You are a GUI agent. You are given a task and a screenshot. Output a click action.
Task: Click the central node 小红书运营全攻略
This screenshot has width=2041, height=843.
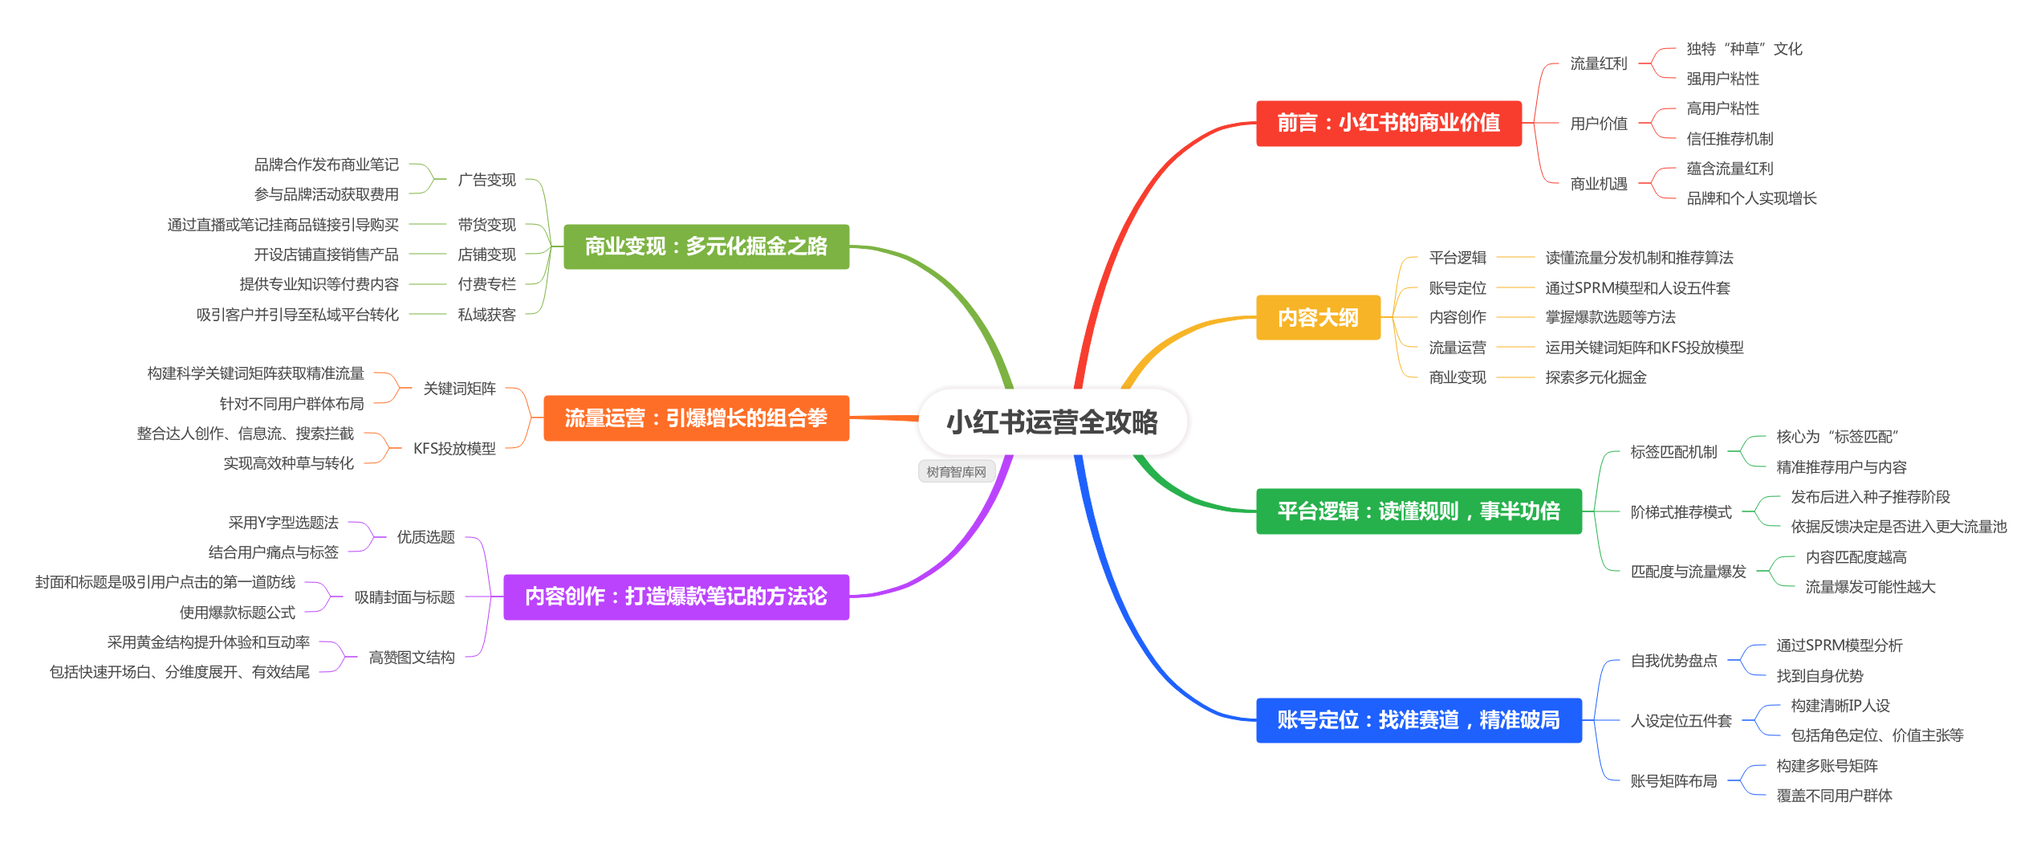click(1052, 422)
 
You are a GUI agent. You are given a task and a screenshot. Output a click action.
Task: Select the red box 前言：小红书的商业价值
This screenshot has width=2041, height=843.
click(1388, 123)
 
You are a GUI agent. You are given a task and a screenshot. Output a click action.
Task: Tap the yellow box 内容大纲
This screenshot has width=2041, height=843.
click(1318, 318)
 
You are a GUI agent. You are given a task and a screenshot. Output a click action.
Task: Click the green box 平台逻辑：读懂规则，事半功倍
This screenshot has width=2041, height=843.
click(1418, 511)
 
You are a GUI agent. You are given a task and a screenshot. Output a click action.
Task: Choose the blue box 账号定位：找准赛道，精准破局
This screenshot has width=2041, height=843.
click(1418, 720)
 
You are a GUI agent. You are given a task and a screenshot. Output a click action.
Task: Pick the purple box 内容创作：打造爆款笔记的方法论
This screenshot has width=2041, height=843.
click(676, 597)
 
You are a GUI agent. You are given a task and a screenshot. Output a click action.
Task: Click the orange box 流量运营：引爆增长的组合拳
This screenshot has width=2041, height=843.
click(696, 418)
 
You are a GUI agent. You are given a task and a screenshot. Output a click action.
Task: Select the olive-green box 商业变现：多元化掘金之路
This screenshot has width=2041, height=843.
click(705, 246)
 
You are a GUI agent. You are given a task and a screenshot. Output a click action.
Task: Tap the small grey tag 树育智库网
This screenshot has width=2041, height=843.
click(956, 472)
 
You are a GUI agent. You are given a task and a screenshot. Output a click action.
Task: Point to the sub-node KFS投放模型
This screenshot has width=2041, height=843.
click(454, 449)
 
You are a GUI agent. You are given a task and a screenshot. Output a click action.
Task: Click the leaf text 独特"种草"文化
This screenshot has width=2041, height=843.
click(1743, 49)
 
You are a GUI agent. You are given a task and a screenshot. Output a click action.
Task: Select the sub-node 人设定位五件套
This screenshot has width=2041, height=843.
click(1681, 721)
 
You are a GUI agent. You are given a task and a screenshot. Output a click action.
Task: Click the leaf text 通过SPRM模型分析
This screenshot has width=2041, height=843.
click(1839, 645)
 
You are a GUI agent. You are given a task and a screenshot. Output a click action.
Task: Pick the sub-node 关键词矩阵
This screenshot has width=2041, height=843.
click(459, 389)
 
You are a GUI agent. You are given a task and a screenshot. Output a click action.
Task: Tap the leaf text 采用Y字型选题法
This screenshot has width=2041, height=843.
click(283, 523)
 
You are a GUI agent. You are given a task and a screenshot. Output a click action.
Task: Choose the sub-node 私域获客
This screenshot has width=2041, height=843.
click(486, 315)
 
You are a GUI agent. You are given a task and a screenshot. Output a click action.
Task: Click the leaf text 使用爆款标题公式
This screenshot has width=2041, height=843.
click(238, 613)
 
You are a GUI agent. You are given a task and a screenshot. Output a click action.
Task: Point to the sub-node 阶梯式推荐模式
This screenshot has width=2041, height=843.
click(1681, 512)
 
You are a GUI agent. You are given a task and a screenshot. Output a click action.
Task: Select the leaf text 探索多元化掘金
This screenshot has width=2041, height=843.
click(1596, 377)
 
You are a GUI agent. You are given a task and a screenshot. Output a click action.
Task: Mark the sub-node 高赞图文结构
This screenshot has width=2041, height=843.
click(412, 658)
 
